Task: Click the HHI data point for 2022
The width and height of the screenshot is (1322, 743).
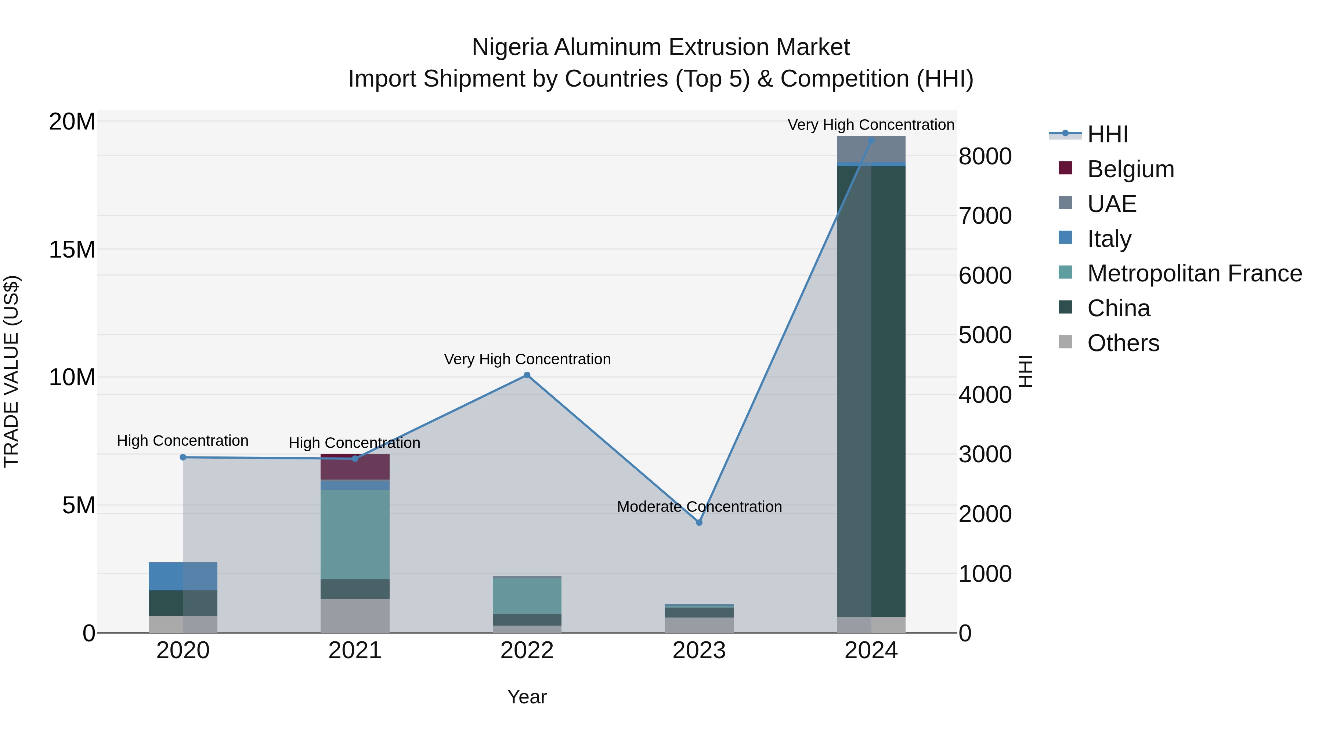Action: click(x=527, y=375)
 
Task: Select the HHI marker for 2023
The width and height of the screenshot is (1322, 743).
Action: click(x=699, y=522)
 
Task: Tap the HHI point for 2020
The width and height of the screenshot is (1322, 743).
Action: click(x=183, y=458)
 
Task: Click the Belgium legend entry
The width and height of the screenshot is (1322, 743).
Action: click(x=1130, y=169)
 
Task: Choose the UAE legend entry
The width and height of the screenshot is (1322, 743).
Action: click(x=1112, y=204)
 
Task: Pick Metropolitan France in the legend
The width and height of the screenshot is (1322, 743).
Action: click(x=1194, y=273)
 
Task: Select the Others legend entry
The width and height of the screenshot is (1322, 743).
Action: click(x=1123, y=343)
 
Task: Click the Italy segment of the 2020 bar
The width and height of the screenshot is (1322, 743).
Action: click(x=183, y=576)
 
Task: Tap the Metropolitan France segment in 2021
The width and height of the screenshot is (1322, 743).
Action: click(x=355, y=534)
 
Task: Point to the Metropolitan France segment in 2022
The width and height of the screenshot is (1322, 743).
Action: click(x=527, y=596)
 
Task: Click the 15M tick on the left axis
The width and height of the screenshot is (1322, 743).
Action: click(x=72, y=250)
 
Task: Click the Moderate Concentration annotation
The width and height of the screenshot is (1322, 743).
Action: click(x=699, y=507)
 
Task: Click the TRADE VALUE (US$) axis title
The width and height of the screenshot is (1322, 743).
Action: click(x=12, y=371)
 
